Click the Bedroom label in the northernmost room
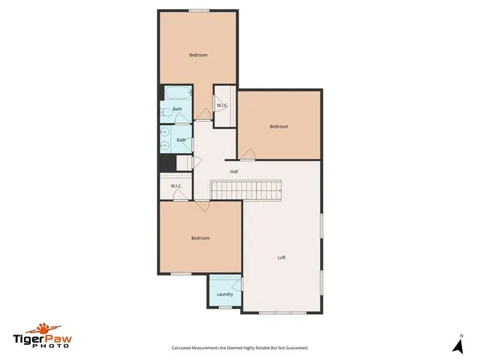(198, 55)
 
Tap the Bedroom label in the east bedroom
(279, 127)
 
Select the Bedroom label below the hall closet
(200, 238)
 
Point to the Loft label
(281, 257)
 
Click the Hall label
(234, 172)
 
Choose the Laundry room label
(224, 294)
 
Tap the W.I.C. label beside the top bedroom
(223, 105)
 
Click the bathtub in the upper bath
(178, 96)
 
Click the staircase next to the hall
(246, 191)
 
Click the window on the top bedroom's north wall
(198, 10)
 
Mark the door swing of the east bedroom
(247, 154)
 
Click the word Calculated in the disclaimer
(185, 348)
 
